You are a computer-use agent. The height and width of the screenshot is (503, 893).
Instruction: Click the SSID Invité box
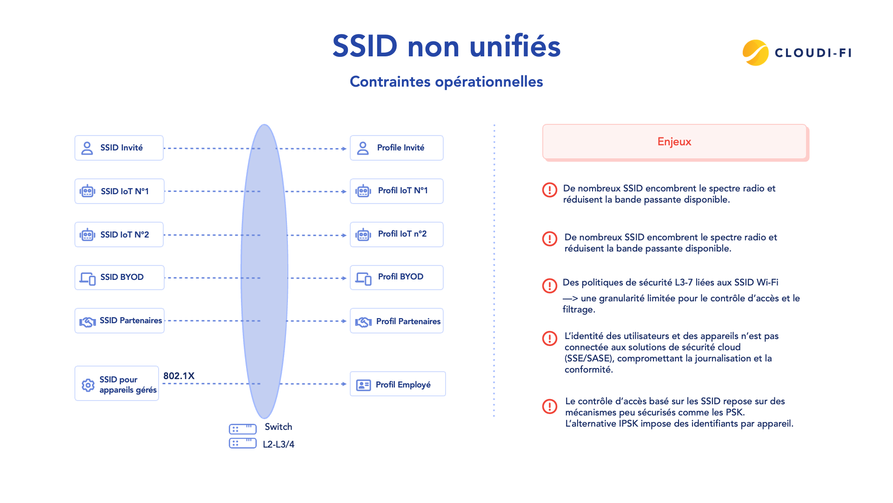119,148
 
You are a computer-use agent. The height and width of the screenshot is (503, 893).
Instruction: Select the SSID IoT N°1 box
120,191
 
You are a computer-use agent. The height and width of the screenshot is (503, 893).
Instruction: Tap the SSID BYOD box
120,278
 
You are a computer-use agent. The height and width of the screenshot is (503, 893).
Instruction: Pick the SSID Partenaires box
120,321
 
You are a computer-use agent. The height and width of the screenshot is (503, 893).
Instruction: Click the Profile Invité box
396,148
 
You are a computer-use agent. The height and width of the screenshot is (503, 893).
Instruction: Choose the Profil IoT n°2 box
396,234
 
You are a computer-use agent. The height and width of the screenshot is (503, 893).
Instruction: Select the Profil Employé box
398,384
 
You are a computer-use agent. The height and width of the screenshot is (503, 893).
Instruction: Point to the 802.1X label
179,376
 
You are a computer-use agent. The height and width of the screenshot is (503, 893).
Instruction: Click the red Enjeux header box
674,142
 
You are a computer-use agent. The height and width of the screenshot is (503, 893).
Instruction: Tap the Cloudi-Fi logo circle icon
755,53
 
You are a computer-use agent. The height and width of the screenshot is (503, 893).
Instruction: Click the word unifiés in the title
515,47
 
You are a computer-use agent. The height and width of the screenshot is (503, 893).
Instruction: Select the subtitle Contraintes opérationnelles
446,82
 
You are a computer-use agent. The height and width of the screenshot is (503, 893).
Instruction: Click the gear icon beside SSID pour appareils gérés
88,385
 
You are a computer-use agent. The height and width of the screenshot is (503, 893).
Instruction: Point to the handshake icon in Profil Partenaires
363,322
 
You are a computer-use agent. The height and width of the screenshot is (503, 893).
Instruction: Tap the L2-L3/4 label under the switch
278,444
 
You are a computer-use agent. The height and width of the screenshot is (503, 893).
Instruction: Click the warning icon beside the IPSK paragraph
550,406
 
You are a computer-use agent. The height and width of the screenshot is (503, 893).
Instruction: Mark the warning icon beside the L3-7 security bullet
550,285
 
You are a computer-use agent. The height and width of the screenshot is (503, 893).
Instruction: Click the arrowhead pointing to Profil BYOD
344,278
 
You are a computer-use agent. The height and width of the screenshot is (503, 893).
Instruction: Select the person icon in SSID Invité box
87,148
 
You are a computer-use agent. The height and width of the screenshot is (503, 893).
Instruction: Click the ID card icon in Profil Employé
363,385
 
